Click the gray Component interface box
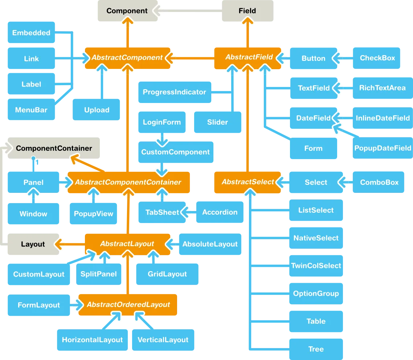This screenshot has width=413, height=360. pos(127,11)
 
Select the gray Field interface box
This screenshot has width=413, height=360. pos(248,11)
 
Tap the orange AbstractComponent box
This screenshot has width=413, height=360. pos(127,58)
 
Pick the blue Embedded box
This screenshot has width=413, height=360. pos(31,33)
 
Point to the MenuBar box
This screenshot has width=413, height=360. pos(31,110)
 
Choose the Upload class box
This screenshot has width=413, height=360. pos(97,110)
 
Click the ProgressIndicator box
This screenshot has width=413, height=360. pos(174,92)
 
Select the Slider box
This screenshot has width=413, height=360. pos(217,122)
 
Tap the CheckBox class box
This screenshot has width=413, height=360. pos(377,58)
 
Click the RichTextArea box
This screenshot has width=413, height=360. pos(382,88)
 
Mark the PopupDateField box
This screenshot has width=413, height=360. pos(383,148)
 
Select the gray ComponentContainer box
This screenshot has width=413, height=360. pos(54,148)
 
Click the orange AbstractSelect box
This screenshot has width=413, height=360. pos(248,182)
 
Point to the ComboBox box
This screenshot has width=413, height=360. pos(379,182)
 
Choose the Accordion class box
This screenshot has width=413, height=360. pos(220,212)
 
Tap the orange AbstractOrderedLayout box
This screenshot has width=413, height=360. pos(128,305)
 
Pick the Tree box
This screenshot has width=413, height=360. pos(316,349)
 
